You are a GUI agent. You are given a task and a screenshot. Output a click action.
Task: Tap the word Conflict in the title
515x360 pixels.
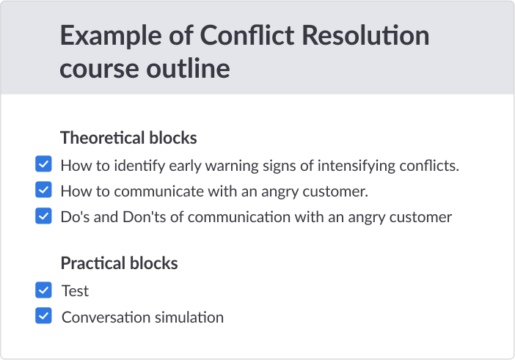248,34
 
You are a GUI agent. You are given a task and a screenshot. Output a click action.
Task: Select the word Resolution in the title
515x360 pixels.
365,34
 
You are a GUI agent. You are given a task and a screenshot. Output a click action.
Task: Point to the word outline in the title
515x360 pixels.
188,68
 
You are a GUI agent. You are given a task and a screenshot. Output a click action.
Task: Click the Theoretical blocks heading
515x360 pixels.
128,138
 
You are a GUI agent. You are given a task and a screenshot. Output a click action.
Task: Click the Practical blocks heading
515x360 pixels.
120,263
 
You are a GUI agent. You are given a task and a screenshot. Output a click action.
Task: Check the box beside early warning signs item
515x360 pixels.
43,164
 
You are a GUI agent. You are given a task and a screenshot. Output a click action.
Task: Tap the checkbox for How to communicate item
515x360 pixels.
43,190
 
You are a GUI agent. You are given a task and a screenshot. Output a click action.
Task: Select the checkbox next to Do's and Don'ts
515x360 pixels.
43,216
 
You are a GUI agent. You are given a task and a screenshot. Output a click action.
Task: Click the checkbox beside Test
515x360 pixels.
43,290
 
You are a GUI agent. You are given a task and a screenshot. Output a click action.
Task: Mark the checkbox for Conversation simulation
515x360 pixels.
43,316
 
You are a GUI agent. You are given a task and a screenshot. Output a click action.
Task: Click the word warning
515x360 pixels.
232,166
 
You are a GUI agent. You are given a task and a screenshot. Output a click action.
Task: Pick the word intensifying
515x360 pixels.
357,166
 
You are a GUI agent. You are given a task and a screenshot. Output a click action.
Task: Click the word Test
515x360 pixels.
76,291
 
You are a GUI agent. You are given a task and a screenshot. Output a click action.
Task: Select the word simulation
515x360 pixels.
189,317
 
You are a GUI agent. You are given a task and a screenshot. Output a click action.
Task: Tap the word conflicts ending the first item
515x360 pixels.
429,166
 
